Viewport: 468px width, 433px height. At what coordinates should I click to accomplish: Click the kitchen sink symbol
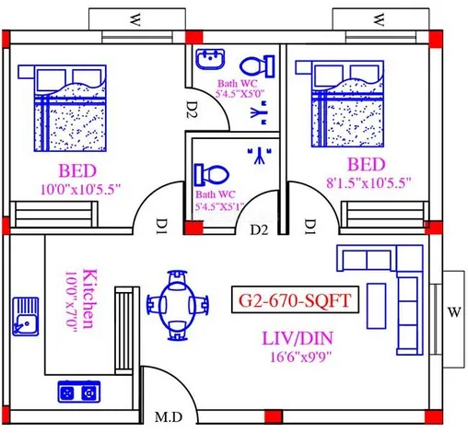(x=26, y=316)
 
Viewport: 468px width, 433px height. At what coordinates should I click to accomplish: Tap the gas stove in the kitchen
(x=79, y=392)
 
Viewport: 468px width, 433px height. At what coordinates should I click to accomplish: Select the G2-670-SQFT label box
(x=295, y=300)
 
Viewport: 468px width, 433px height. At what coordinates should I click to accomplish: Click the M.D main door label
(x=169, y=417)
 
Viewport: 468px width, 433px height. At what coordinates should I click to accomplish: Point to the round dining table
(x=177, y=305)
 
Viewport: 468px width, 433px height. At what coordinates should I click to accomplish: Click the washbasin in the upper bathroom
(x=210, y=59)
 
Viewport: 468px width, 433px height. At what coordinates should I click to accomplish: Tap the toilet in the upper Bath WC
(x=257, y=66)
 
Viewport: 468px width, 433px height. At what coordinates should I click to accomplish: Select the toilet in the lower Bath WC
(x=212, y=174)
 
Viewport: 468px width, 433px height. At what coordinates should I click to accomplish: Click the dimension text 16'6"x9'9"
(x=301, y=357)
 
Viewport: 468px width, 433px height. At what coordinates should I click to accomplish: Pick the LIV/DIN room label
(x=298, y=338)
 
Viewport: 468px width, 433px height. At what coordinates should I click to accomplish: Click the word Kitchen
(x=89, y=298)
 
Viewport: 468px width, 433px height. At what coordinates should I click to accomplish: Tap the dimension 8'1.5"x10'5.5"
(x=369, y=182)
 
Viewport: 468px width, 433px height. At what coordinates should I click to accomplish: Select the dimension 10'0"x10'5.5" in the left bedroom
(x=81, y=189)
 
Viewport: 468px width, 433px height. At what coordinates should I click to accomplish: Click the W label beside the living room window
(x=454, y=312)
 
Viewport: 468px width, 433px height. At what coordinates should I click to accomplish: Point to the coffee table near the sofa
(x=376, y=306)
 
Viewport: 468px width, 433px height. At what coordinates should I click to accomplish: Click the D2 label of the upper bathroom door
(x=193, y=110)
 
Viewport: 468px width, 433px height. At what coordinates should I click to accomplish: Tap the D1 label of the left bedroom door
(x=162, y=226)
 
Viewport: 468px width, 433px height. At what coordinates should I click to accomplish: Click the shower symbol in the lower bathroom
(x=260, y=156)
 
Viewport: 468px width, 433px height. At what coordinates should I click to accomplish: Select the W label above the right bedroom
(x=379, y=19)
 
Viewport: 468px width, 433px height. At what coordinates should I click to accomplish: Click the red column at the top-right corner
(x=436, y=39)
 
